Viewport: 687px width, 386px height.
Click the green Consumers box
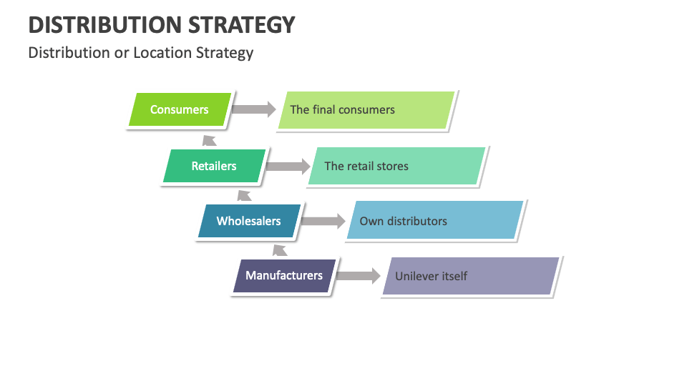click(180, 109)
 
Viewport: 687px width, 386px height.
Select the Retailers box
click(214, 166)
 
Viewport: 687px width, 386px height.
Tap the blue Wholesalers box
click(249, 221)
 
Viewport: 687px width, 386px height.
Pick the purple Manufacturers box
click(284, 276)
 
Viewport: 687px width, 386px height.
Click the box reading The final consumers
click(366, 110)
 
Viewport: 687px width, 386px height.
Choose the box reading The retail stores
click(397, 166)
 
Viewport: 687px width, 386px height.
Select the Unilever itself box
click(471, 276)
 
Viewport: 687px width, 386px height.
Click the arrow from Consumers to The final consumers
click(253, 109)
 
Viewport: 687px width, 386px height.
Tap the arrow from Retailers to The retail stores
click(288, 167)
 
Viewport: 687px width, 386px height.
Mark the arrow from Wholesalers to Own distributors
click(323, 221)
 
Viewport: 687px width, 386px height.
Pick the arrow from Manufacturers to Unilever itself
click(359, 276)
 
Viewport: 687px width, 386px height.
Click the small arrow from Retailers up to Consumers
click(209, 141)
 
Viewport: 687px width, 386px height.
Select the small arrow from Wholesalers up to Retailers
click(244, 196)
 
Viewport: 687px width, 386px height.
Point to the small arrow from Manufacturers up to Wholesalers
click(280, 250)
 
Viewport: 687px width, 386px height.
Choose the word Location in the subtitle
click(162, 52)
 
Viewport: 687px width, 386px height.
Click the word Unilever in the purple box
click(415, 276)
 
